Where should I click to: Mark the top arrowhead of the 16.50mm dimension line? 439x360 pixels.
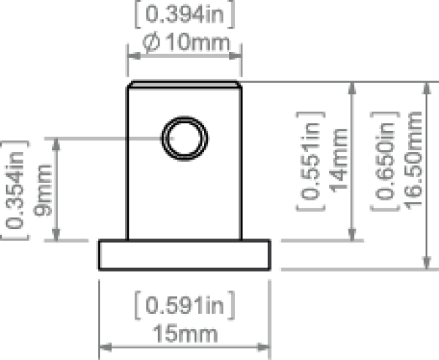coord(425,87)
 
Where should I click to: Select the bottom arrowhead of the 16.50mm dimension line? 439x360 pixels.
coord(425,264)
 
